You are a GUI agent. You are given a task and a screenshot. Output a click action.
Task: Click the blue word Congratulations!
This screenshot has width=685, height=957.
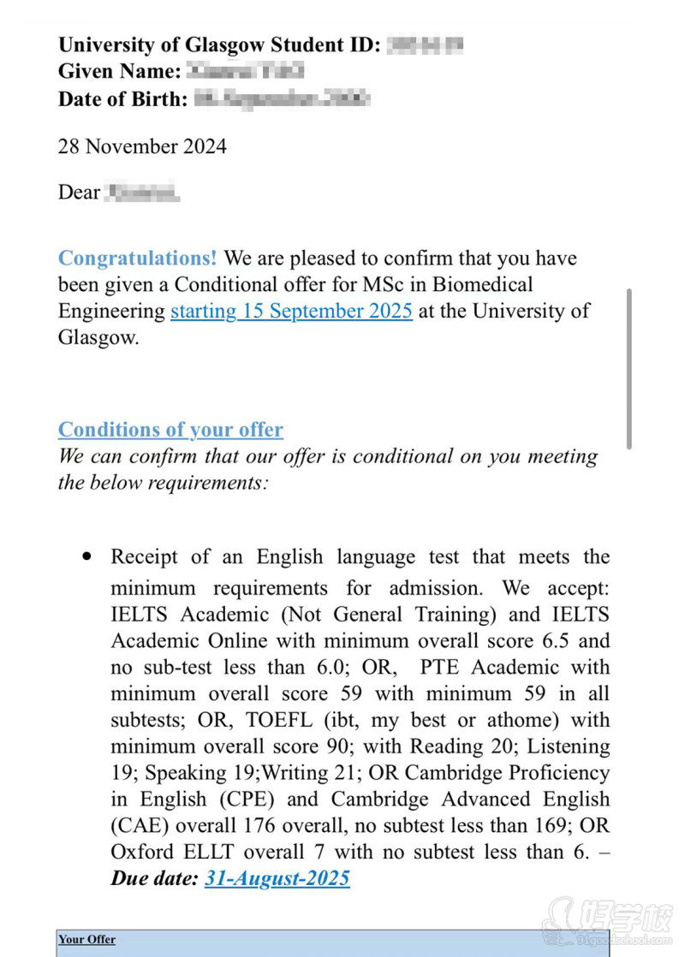pos(137,259)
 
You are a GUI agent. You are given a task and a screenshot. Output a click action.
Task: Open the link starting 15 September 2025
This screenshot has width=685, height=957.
pos(291,311)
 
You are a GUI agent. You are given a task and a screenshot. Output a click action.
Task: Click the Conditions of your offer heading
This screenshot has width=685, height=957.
pos(170,430)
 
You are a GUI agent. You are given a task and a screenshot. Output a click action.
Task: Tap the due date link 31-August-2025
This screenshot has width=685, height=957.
pos(277,878)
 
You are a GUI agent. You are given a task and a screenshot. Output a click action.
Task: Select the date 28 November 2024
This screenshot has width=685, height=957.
pos(142,146)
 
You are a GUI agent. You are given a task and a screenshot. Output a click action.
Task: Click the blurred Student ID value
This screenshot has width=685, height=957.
pos(426,45)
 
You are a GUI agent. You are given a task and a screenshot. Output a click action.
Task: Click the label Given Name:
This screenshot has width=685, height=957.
pos(119,72)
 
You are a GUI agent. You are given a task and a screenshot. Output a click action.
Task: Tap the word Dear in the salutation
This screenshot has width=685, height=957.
pos(79,193)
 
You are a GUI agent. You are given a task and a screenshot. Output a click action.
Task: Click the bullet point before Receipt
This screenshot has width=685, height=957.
pos(86,556)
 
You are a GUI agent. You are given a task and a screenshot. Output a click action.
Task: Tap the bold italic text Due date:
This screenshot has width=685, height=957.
pos(154,878)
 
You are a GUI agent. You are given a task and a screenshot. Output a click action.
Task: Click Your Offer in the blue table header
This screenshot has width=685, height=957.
pos(86,940)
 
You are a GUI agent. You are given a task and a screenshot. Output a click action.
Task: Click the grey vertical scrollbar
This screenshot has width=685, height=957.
pos(629,368)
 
